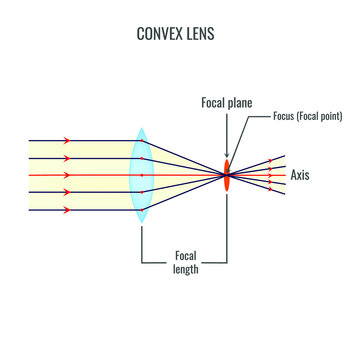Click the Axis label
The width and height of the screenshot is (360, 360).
300,175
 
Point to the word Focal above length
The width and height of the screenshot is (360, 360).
187,255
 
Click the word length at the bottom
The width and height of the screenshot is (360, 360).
187,269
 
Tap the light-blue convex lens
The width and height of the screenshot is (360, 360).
141,175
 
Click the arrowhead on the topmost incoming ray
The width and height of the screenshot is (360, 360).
67,141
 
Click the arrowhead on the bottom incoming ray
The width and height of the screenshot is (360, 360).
67,210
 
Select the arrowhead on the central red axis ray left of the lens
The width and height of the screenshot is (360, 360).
67,175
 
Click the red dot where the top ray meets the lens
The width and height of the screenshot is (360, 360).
142,141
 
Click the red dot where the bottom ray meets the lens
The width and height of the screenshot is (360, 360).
142,210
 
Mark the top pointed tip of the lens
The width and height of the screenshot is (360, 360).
141,128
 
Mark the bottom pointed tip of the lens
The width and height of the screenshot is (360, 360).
141,223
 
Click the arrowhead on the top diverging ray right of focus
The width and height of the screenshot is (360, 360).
269,160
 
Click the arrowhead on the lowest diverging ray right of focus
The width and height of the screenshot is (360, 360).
269,190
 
